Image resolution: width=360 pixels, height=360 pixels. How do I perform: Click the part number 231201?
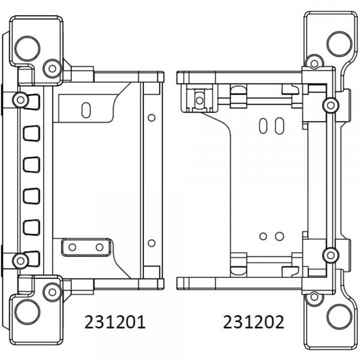pos(115,322)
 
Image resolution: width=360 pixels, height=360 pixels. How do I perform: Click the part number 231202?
pos(253,322)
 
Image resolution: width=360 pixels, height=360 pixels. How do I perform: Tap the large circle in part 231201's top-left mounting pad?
pos(28,49)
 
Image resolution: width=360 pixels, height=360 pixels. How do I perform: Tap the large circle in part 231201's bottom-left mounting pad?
pos(28,312)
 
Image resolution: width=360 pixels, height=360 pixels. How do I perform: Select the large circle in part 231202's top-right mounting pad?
pos(339,44)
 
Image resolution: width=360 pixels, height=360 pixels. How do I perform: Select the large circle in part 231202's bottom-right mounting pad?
pos(339,317)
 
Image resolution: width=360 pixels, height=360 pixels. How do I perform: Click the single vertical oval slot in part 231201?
pos(86,110)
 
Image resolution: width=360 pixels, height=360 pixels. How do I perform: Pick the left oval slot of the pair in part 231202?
pos(263,126)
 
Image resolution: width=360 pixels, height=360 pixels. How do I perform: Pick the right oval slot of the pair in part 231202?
pos(280,126)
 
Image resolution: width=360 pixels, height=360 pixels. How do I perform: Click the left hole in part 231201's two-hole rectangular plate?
pos(73,247)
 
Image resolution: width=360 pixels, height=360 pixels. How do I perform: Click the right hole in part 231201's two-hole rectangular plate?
pos(100,247)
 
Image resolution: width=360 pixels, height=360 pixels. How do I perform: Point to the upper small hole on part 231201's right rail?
pos(151,118)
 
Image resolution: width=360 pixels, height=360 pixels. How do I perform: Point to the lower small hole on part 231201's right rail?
pos(151,243)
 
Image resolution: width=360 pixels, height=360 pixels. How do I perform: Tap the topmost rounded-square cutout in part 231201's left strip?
pos(31,102)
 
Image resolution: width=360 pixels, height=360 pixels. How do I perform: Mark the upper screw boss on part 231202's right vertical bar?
pos(331,106)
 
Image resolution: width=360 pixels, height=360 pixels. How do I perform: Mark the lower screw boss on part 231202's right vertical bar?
pos(331,255)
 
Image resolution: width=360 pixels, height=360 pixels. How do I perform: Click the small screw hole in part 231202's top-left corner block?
pos(200,100)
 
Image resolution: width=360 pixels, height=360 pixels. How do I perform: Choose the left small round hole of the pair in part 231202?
pos(263,236)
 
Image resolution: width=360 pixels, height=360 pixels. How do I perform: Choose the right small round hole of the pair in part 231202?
pos(280,236)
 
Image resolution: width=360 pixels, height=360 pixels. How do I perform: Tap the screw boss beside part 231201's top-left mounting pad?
pos(52,68)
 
